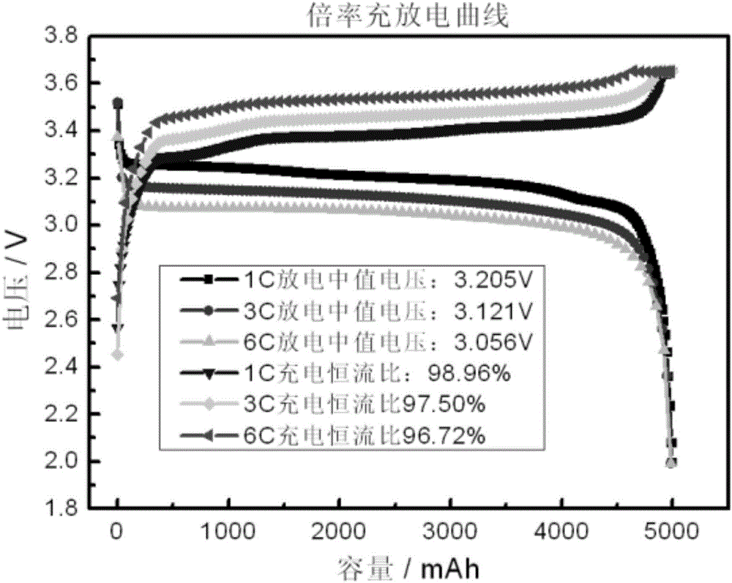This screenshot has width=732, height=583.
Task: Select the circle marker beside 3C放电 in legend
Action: [x=208, y=311]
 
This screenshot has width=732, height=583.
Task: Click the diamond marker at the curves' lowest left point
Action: [x=117, y=355]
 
